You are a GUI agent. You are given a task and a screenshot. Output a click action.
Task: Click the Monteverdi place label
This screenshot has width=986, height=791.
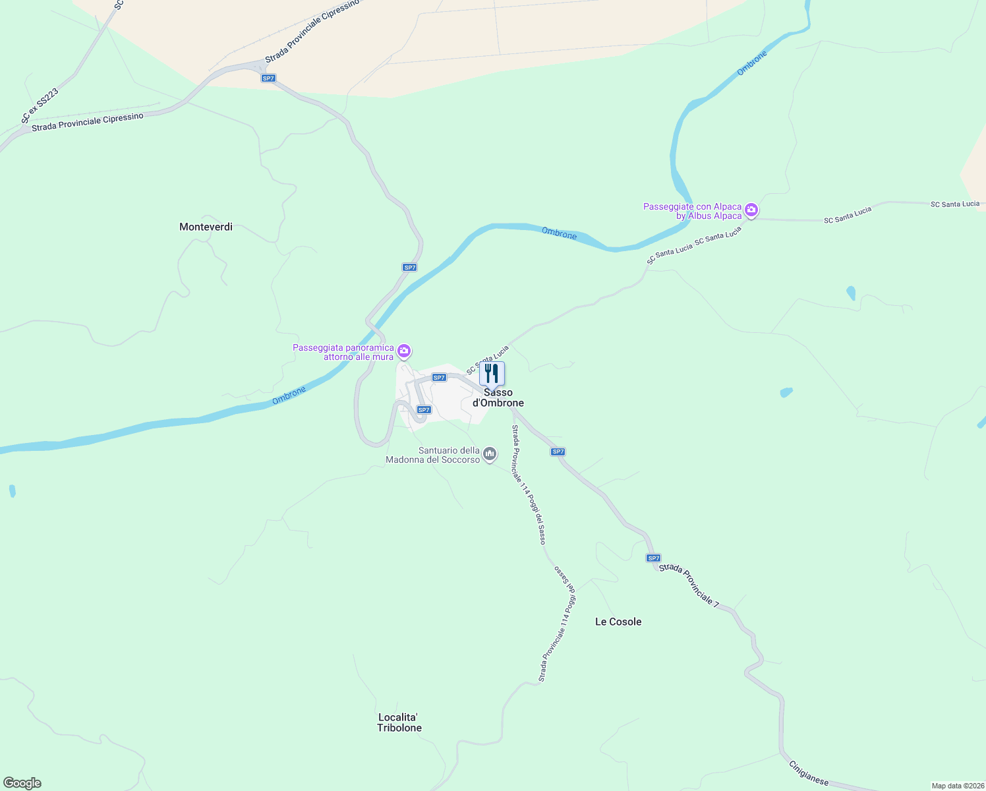click(x=206, y=227)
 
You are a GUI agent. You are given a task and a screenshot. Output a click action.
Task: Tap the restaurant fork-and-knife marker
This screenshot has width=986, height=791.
click(x=492, y=374)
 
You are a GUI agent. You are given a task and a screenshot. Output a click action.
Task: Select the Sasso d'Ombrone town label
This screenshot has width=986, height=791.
click(x=498, y=398)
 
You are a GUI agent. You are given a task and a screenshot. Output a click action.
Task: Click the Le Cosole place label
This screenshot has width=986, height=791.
click(x=618, y=622)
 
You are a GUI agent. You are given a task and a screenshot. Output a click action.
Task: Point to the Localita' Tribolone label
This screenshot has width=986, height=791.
click(x=399, y=722)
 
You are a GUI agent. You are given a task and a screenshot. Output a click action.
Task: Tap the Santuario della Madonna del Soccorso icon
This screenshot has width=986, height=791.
click(x=490, y=454)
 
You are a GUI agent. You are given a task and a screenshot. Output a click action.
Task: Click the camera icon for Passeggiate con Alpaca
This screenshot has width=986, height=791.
click(x=751, y=211)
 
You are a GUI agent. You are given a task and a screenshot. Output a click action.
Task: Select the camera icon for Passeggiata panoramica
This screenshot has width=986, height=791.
click(x=404, y=351)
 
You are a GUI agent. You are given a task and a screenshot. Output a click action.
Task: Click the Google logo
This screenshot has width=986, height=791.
click(x=22, y=783)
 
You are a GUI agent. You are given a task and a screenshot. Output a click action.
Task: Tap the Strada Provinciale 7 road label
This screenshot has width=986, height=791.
click(x=689, y=585)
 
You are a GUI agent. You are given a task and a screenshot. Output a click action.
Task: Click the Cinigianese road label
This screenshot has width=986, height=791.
click(x=809, y=773)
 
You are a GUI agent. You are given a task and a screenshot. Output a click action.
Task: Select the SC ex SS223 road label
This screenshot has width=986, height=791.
click(x=40, y=105)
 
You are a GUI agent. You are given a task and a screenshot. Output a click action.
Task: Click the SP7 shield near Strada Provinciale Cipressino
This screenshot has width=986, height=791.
click(x=268, y=78)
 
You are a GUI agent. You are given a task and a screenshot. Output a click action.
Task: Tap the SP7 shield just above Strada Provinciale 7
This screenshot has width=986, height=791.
click(x=653, y=558)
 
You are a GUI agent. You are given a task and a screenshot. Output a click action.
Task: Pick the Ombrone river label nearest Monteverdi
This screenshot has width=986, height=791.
click(x=289, y=395)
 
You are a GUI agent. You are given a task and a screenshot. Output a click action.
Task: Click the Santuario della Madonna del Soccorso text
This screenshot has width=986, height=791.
click(x=433, y=455)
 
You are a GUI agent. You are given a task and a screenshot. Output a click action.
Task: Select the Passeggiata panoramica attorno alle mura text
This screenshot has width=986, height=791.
click(x=343, y=352)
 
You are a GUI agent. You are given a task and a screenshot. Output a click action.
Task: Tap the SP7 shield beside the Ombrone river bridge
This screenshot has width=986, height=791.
click(x=410, y=268)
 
